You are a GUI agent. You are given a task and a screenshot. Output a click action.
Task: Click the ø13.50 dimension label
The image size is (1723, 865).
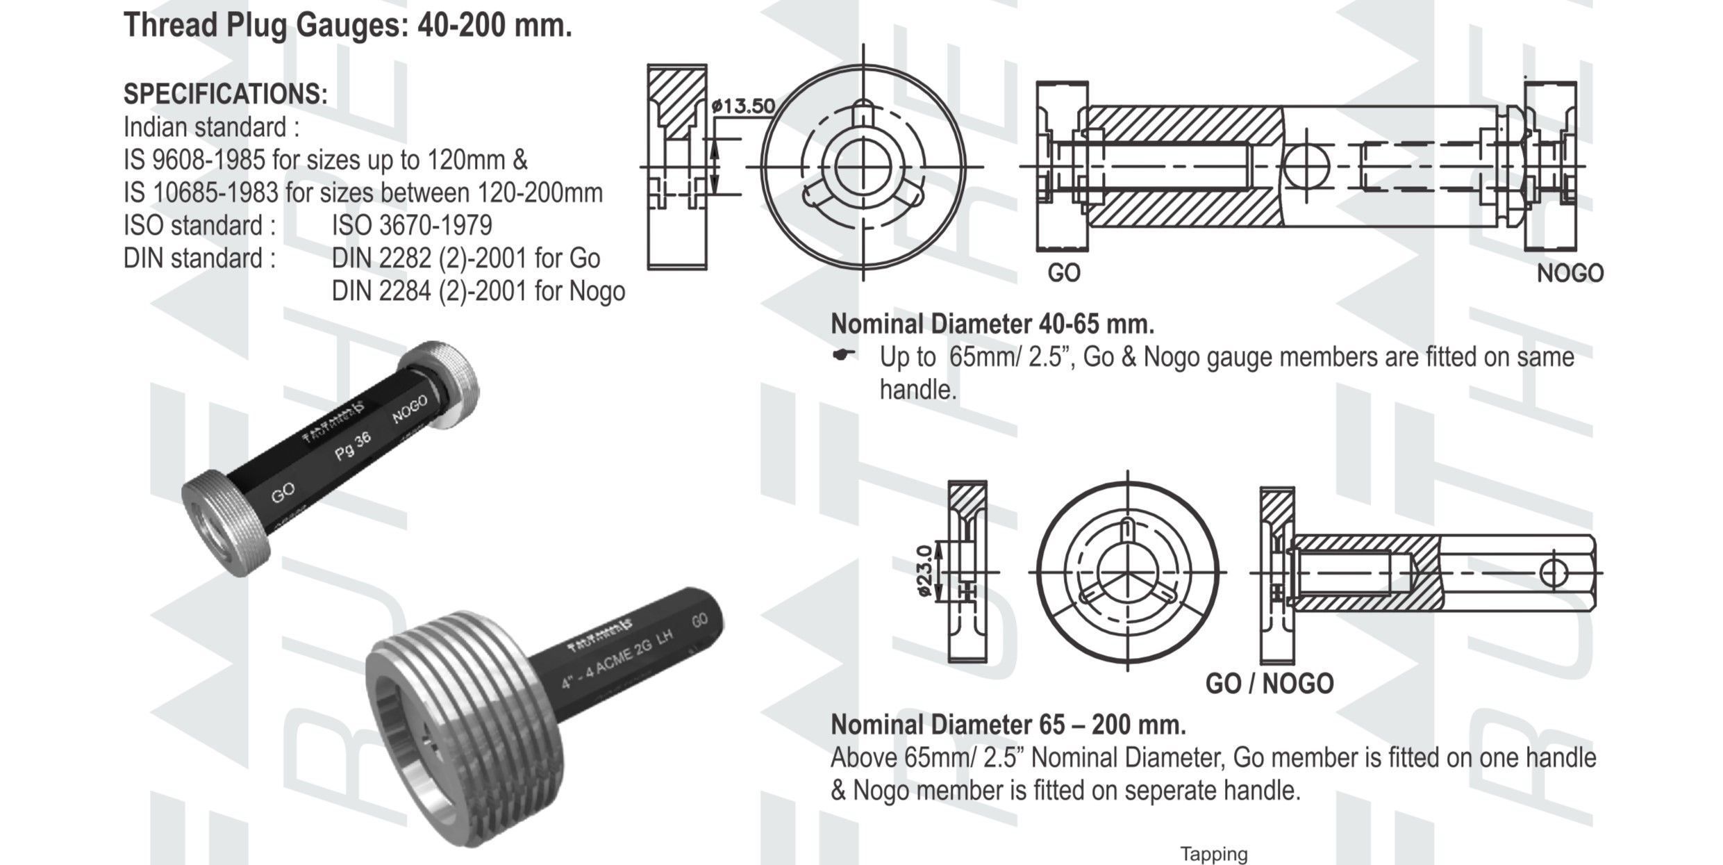point(744,106)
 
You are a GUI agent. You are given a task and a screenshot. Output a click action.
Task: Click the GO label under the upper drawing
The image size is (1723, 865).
point(1063,273)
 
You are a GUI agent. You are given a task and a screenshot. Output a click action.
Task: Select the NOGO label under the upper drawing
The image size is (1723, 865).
point(1570,274)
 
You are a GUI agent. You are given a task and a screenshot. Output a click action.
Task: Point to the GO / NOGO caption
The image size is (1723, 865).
point(1269,684)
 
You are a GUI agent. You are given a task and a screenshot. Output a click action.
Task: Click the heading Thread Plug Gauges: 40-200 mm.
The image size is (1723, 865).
point(347,26)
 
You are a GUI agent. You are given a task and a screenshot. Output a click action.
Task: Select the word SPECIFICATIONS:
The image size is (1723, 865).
point(225,94)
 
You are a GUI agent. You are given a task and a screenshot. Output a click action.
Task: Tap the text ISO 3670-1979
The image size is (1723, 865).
point(412,225)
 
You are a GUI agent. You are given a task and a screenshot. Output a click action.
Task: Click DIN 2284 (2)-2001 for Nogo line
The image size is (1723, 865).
point(478,290)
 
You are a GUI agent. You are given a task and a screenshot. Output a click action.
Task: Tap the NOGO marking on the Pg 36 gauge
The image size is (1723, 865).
point(409,411)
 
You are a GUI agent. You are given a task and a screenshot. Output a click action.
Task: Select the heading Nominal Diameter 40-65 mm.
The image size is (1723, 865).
point(992,324)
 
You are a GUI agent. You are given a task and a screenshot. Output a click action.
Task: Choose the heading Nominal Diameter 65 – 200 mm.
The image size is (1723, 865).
point(1008,725)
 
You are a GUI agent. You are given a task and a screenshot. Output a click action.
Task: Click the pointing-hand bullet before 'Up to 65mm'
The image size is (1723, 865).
point(843,355)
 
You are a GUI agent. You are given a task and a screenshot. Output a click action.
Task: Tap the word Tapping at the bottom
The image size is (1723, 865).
point(1213,854)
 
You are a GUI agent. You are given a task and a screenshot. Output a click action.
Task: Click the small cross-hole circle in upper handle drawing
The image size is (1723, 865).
point(1306,167)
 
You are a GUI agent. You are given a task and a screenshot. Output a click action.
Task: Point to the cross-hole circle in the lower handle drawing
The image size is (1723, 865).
point(1553,573)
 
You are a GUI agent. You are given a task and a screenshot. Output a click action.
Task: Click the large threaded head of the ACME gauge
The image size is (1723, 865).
point(465,723)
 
